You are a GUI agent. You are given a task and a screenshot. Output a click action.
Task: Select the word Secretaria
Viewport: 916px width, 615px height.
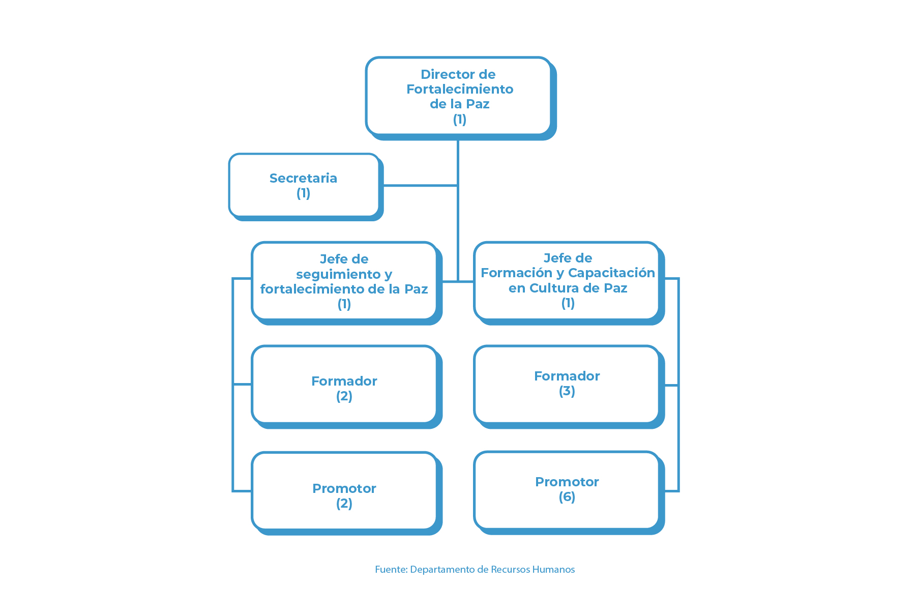(303, 178)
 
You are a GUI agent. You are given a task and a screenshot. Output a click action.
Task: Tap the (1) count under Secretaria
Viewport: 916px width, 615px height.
(303, 193)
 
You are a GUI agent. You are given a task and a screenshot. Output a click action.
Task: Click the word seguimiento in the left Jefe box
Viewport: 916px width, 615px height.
(338, 274)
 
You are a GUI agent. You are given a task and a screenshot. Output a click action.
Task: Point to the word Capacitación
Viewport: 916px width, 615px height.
(611, 273)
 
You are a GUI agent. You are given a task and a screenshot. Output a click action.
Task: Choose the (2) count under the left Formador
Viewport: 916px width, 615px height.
(344, 396)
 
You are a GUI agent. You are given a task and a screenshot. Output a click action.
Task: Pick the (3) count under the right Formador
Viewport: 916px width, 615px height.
(567, 391)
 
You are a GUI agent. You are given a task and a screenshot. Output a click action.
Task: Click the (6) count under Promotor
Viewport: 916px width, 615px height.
(567, 497)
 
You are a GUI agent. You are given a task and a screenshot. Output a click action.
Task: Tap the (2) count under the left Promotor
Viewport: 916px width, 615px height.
(344, 504)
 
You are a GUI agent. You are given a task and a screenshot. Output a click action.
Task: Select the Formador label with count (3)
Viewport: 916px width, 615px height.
(567, 376)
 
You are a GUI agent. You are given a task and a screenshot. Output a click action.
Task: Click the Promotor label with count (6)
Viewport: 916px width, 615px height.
(567, 482)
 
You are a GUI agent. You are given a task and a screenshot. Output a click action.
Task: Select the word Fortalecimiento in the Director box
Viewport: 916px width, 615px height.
(460, 89)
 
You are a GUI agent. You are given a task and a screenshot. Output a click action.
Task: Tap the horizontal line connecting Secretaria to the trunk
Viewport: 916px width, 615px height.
(420, 186)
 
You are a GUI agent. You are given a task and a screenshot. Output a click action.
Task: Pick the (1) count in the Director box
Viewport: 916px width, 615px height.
(460, 119)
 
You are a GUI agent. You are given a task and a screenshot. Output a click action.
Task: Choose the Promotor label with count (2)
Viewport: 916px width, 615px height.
(344, 488)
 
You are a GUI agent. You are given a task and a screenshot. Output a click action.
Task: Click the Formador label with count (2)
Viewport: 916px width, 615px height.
(344, 381)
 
